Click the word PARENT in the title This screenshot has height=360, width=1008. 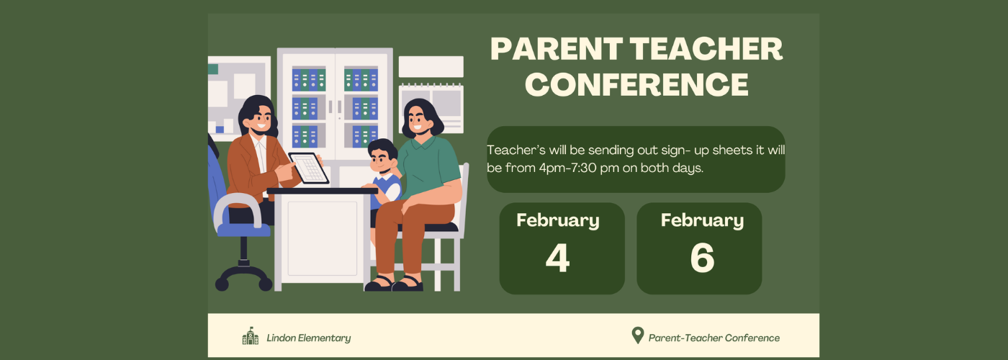[557, 49]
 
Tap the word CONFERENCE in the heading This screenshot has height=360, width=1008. [636, 84]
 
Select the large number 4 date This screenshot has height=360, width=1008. [557, 258]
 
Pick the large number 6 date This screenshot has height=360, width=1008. [702, 258]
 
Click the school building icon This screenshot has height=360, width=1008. [251, 336]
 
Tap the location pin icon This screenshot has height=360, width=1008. [637, 336]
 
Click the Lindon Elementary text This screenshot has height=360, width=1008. [309, 338]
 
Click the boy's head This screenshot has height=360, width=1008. [382, 156]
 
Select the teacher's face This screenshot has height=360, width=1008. [261, 120]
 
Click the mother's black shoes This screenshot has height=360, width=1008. [394, 284]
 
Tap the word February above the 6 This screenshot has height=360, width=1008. [702, 220]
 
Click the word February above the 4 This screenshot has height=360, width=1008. [557, 220]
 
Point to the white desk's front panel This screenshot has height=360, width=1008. [323, 238]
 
